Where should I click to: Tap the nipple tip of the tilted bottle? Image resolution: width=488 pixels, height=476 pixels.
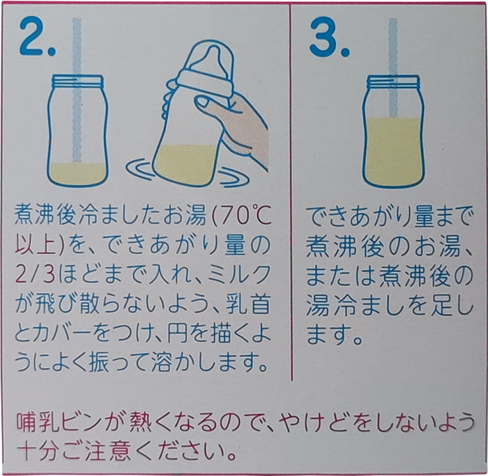(x=213, y=50)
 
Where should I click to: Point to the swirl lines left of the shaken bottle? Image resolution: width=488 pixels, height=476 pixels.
(x=139, y=170)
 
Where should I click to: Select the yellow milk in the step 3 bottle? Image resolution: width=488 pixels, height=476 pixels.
(x=394, y=151)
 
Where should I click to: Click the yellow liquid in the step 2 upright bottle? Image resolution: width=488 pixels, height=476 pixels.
(x=77, y=173)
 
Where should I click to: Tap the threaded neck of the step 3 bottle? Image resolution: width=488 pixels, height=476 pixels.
(x=392, y=82)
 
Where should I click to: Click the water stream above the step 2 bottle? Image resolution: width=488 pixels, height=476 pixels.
(x=77, y=90)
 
